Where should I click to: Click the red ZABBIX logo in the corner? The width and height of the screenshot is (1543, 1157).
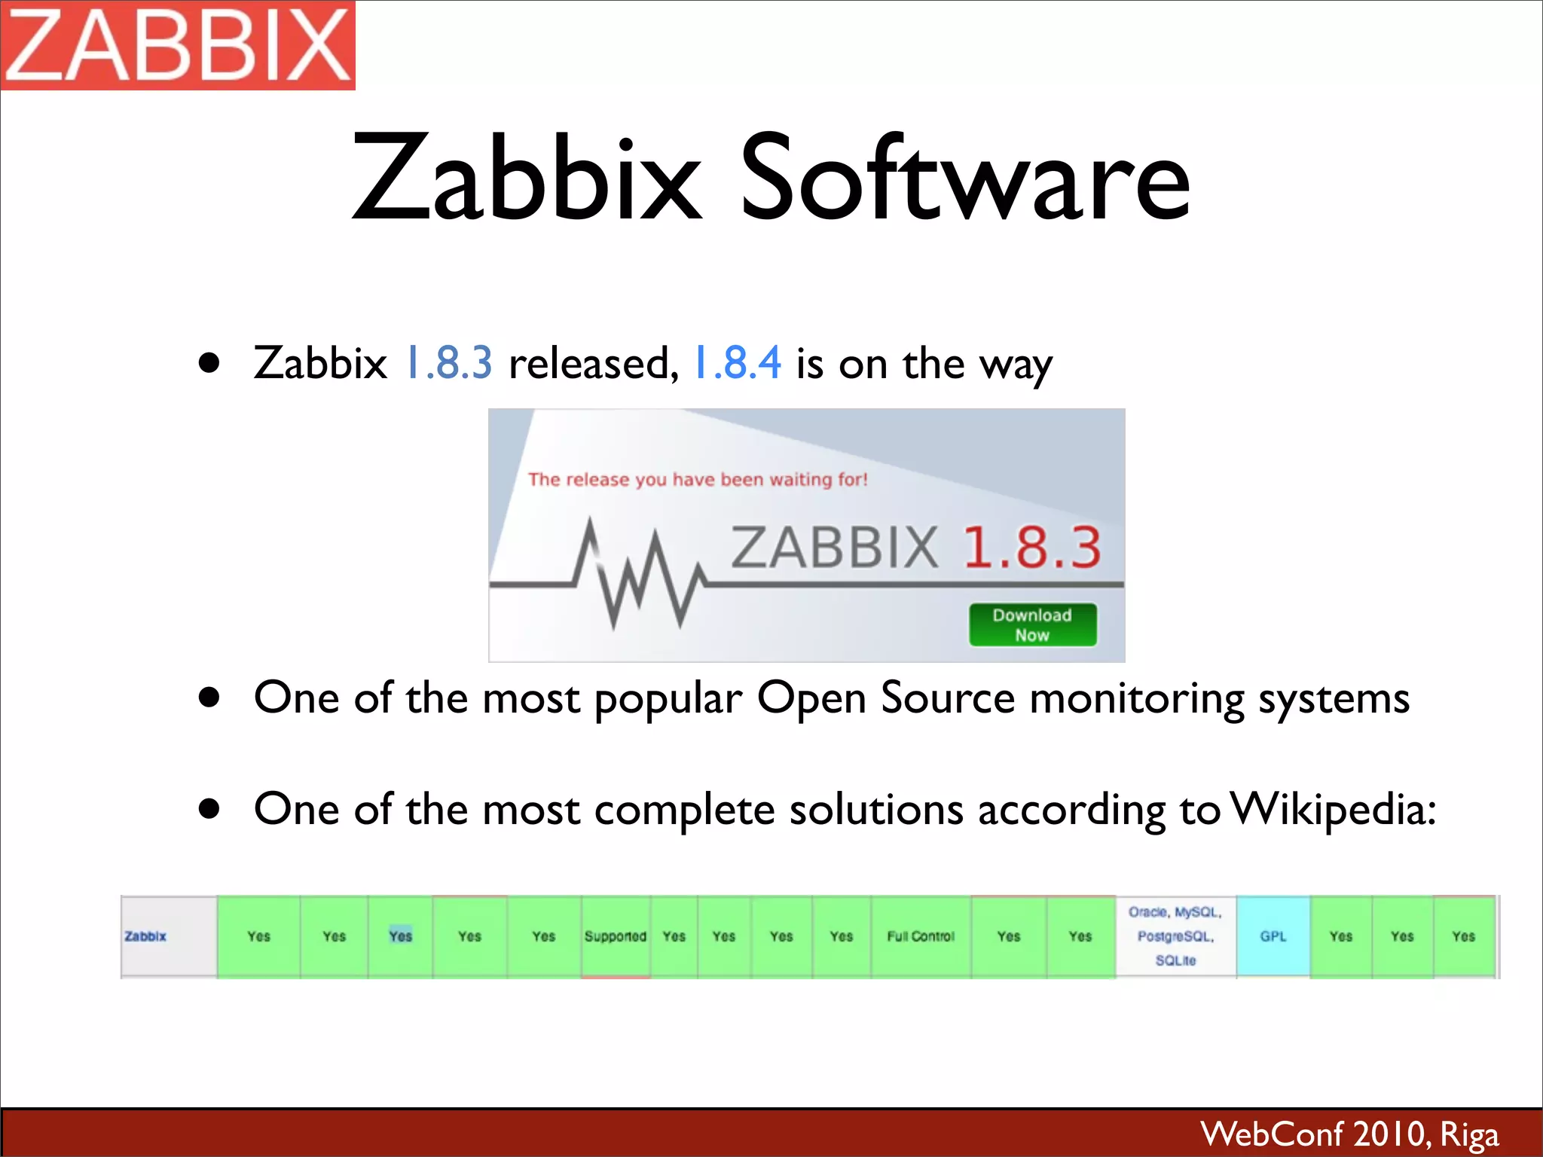point(178,45)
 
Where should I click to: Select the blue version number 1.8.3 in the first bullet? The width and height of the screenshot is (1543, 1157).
point(449,362)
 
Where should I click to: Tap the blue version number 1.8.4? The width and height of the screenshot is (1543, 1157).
point(737,362)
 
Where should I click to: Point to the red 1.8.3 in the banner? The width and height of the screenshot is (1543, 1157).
point(1032,548)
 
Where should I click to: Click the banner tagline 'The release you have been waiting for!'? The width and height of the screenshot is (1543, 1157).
point(698,480)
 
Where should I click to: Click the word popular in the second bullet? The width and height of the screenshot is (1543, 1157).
point(668,699)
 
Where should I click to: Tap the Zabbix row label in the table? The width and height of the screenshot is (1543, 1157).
point(145,936)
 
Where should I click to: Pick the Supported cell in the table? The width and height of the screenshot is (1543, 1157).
point(616,936)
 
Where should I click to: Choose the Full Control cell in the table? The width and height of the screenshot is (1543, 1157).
point(921,936)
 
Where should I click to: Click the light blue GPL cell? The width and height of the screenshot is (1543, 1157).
point(1273,936)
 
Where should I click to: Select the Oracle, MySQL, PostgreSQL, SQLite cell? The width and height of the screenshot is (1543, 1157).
point(1175,936)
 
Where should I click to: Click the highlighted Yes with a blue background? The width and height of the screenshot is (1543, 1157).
point(401,936)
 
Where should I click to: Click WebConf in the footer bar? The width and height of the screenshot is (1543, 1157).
point(1272,1134)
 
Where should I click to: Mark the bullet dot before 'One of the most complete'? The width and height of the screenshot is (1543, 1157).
point(209,810)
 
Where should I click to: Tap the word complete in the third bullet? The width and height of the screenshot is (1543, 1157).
point(684,810)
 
